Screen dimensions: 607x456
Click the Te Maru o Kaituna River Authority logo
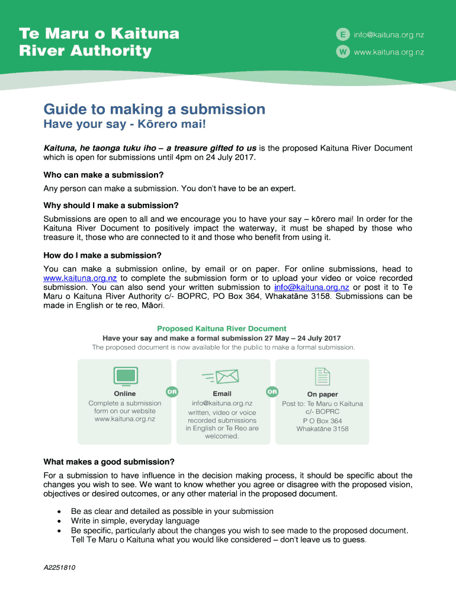99,42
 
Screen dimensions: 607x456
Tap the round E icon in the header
342,35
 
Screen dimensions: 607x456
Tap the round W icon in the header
342,52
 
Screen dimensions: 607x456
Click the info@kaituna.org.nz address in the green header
388,35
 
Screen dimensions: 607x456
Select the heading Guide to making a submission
155,110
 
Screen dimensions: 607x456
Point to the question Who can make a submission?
104,175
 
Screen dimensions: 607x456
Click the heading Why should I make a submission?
111,205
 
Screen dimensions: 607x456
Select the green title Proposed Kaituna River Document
221,328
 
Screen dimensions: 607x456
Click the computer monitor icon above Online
125,376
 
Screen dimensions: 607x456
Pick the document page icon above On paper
322,376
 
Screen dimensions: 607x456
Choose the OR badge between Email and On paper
272,392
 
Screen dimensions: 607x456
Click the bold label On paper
322,394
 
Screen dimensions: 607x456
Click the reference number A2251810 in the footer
60,567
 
